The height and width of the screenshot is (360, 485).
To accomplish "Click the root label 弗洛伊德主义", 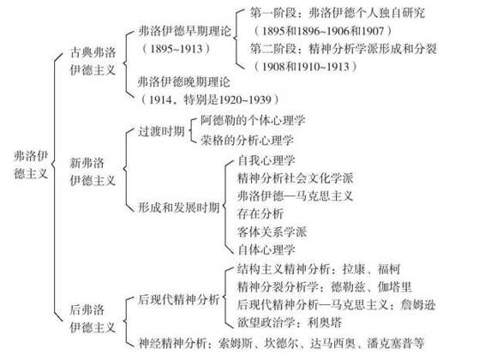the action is pos(31,165).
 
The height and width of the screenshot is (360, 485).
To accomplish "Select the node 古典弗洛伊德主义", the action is pos(93,61).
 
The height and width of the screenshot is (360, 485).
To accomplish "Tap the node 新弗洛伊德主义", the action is pos(93,171).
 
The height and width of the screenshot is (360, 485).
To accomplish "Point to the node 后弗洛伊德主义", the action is pos(93,319).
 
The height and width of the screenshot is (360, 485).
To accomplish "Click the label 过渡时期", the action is pos(161,131).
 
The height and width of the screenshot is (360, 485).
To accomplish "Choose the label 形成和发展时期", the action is pos(178,207).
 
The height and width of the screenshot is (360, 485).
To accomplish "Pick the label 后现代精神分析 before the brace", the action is pos(178,299).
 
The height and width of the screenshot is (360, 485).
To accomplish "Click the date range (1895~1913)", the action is pos(177,49).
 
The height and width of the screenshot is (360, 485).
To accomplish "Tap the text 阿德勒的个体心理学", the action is pos(253,120).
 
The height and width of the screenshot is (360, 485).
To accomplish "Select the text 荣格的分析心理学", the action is pos(247,141).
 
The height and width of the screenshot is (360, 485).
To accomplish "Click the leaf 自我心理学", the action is pos(266,160).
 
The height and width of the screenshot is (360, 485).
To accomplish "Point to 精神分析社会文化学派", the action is pos(296,177).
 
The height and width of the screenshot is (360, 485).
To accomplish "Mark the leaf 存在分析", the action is pos(260,213).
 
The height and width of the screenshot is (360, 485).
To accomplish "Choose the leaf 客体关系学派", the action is pos(272,231).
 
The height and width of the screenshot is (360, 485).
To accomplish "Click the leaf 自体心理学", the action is pos(266,249).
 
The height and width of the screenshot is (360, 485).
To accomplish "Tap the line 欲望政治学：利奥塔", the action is pos(290,322).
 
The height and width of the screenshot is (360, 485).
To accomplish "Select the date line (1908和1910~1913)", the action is pos(305,67).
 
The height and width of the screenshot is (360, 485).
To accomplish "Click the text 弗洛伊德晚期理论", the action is pos(184,82).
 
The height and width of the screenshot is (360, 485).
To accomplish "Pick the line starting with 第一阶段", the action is pos(338,13).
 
